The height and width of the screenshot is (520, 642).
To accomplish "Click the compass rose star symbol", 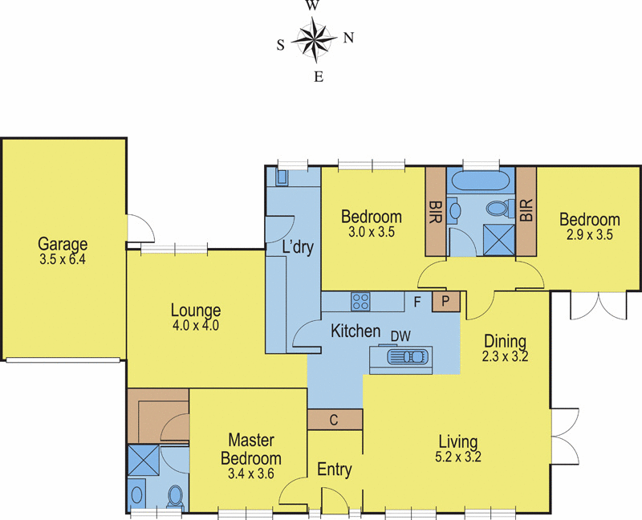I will point(314,39).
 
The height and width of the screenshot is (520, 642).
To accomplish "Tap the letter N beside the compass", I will point(348,37).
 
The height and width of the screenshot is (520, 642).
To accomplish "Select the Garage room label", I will point(62,244).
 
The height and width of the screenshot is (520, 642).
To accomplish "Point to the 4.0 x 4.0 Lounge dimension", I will point(195,326).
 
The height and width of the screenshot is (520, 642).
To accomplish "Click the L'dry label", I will point(297,247).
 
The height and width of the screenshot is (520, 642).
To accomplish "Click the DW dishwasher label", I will point(400,335).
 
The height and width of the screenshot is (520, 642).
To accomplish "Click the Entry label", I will point(334,470).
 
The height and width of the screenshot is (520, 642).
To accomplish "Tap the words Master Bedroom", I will point(250,449).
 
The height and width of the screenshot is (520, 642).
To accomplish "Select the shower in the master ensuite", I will point(143,462).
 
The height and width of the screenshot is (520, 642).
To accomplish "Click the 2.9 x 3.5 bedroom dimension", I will point(589,235).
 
